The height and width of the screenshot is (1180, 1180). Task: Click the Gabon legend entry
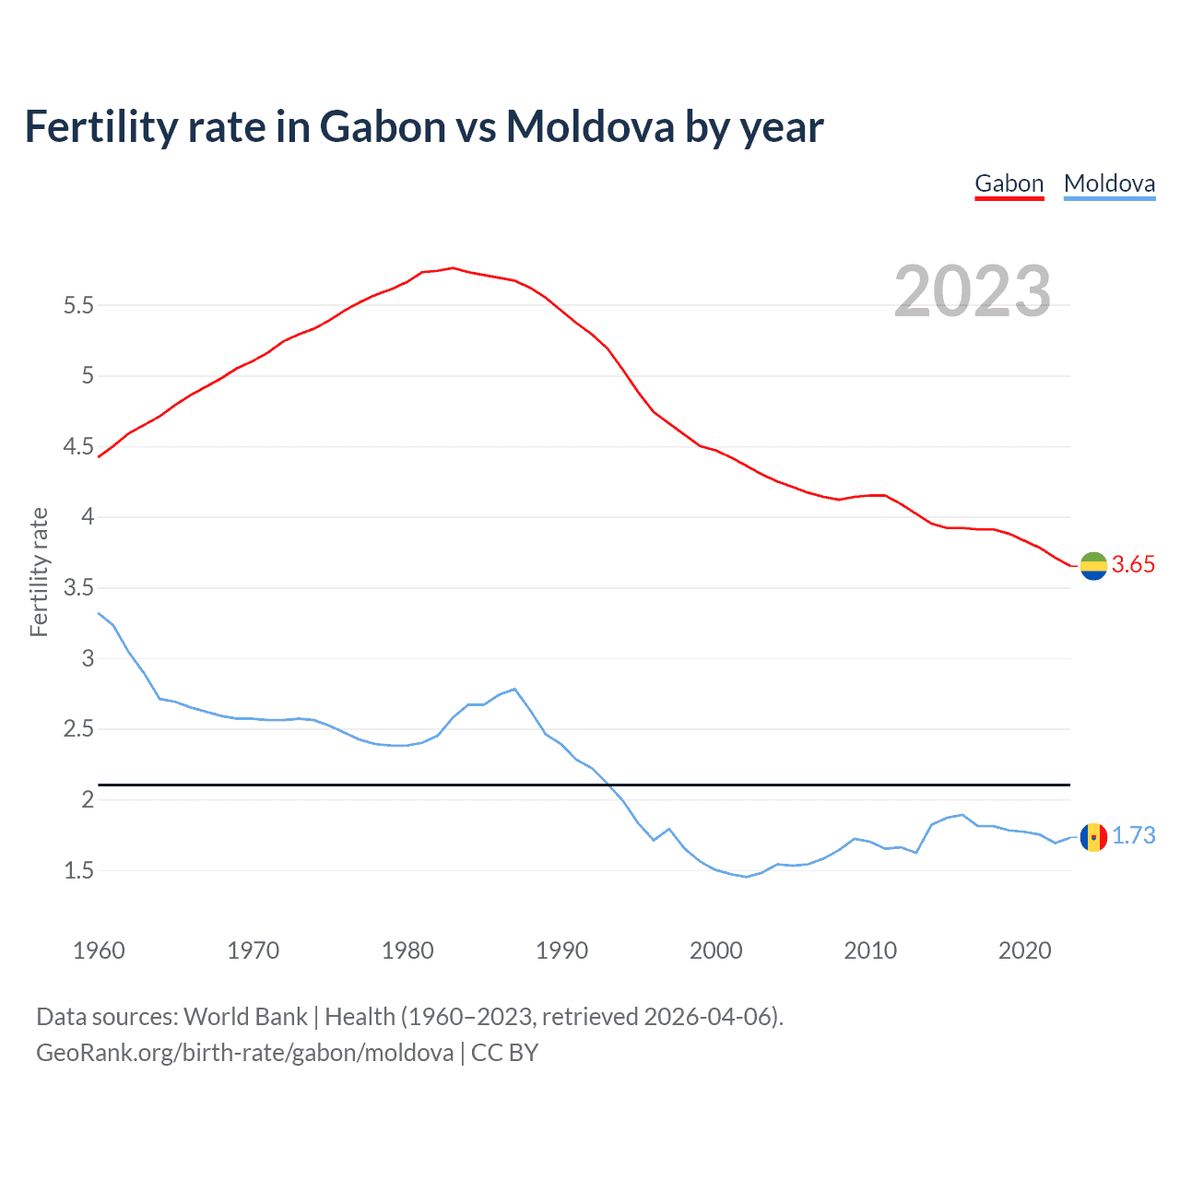[x=1009, y=183]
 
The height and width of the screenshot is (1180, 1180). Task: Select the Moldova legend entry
[x=1109, y=183]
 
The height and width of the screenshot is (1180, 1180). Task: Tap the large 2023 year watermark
[x=972, y=291]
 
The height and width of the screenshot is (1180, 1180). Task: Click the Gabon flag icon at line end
[x=1093, y=565]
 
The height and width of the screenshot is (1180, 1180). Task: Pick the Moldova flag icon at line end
[x=1093, y=836]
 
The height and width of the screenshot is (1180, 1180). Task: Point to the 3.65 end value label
[x=1133, y=565]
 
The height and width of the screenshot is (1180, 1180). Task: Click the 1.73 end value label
[x=1133, y=836]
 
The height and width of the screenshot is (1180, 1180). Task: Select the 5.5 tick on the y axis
[x=78, y=305]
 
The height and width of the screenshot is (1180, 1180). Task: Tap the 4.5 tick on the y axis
[x=78, y=447]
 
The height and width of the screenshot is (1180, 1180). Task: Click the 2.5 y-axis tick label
[x=78, y=729]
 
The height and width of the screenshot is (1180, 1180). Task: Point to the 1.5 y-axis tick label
[x=78, y=871]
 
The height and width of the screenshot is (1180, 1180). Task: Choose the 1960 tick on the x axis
[x=99, y=950]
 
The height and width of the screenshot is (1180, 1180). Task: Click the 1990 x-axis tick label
[x=561, y=950]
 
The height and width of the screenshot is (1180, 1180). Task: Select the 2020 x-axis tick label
[x=1024, y=950]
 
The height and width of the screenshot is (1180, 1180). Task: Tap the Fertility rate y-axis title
[x=39, y=572]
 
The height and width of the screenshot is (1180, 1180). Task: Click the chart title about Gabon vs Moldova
[x=424, y=126]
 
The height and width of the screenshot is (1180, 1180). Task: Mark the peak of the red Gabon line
[x=452, y=268]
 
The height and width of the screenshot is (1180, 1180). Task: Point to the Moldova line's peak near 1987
[x=514, y=690]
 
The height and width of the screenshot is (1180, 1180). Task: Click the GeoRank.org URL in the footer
[x=244, y=1053]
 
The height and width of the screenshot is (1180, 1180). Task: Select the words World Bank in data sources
[x=245, y=1017]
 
